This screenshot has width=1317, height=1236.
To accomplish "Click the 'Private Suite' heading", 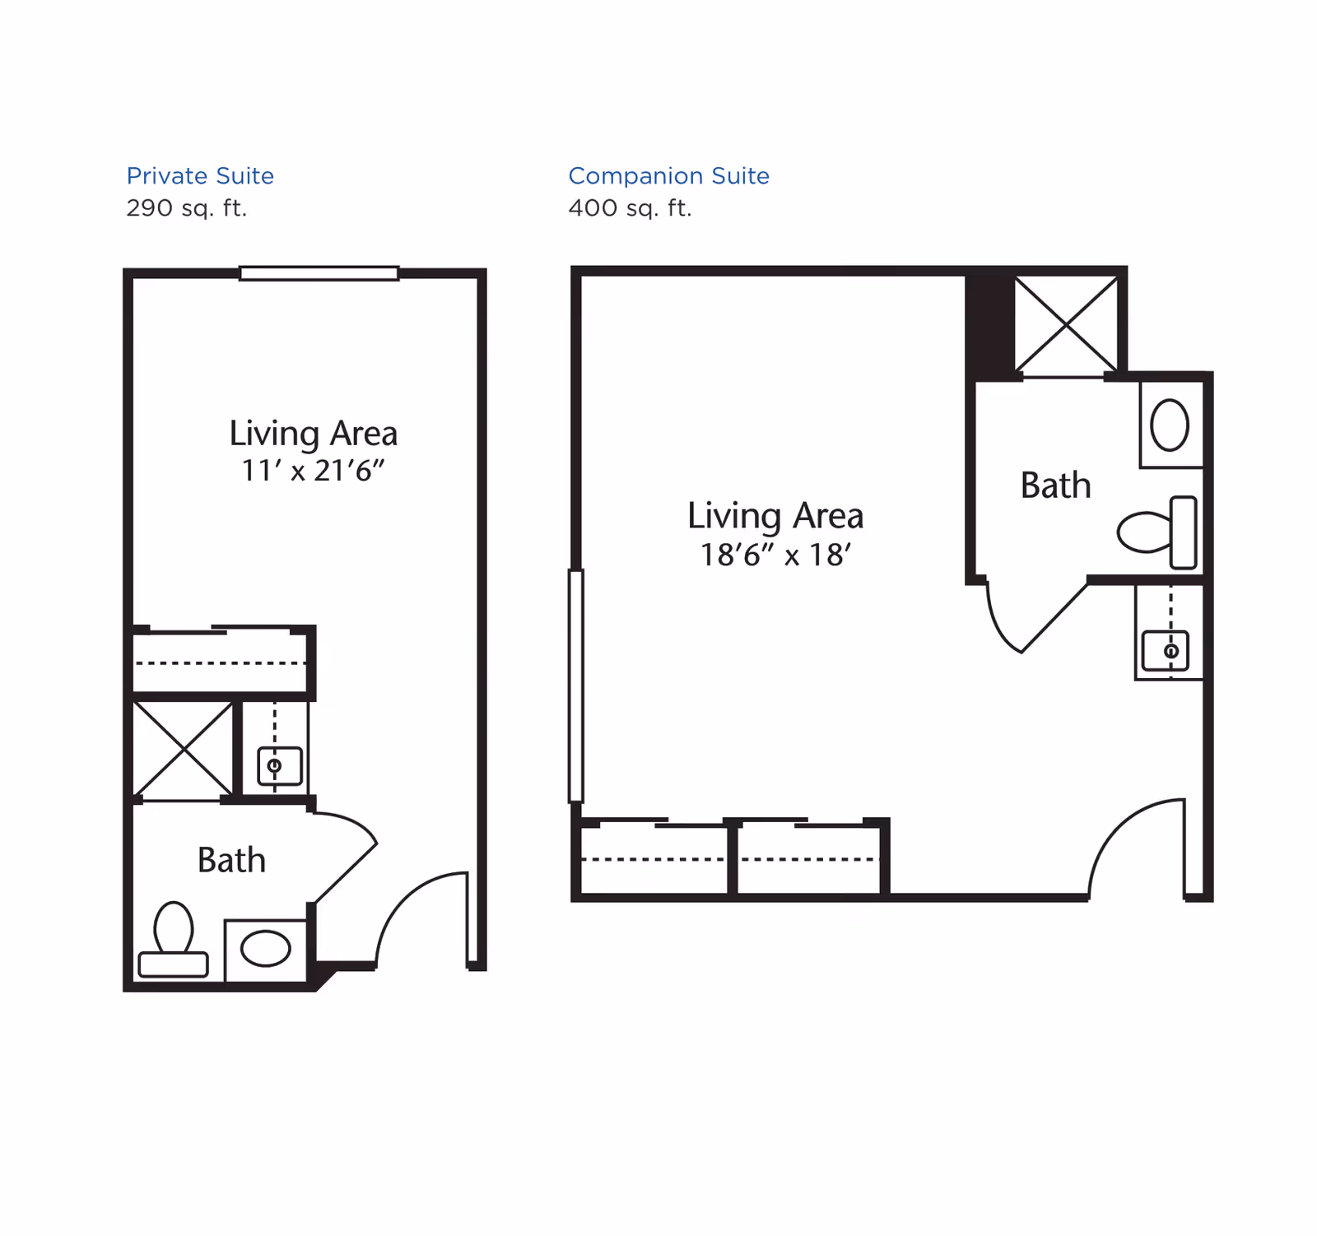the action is [x=200, y=175].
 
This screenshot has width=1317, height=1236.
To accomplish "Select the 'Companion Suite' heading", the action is [x=668, y=175].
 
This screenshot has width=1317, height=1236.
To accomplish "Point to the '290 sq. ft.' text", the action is [x=186, y=208].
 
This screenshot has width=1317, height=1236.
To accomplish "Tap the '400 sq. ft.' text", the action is [x=630, y=208].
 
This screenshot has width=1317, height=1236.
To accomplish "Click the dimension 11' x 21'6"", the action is [x=313, y=471].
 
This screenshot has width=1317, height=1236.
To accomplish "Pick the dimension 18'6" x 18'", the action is [x=775, y=555].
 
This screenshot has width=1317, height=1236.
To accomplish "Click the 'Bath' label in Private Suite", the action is [x=231, y=861].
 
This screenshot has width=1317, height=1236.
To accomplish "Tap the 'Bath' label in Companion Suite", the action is [x=1055, y=486].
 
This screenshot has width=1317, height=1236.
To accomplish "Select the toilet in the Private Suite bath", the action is [x=173, y=939].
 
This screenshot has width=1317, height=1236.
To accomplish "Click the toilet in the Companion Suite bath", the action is [x=1157, y=532].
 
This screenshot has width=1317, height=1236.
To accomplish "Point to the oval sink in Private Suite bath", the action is [x=265, y=949].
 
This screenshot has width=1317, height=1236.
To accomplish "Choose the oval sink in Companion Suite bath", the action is [x=1170, y=425].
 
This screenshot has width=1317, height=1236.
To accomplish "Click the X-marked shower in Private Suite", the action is [x=183, y=749].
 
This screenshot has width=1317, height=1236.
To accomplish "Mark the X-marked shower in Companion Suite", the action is [x=1066, y=325].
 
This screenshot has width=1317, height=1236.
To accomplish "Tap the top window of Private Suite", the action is [x=319, y=273].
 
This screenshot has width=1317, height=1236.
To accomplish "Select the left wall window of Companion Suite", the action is [x=576, y=685].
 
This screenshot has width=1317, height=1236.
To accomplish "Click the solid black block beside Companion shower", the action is [x=990, y=324].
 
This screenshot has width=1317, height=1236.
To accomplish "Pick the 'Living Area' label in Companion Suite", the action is [x=775, y=517].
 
